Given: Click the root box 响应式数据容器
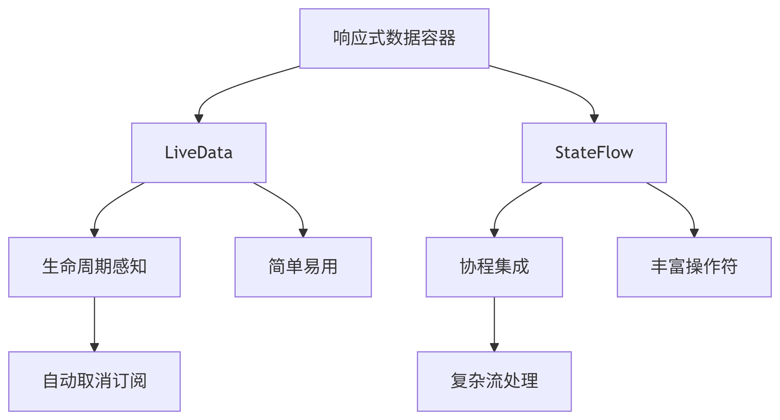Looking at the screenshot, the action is click(x=394, y=38).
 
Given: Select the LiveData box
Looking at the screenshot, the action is click(x=199, y=153).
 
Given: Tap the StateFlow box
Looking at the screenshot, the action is click(x=594, y=153).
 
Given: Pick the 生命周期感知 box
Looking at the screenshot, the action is click(x=94, y=267).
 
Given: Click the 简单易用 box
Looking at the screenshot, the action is click(x=303, y=267).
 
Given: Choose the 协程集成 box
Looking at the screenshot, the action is click(x=494, y=267).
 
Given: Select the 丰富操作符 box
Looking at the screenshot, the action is click(x=694, y=267).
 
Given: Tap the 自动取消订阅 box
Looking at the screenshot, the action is click(x=94, y=382).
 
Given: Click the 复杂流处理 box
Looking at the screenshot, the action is click(x=494, y=382).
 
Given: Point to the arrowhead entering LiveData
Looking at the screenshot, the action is click(x=199, y=119).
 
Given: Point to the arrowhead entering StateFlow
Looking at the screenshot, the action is click(x=594, y=119).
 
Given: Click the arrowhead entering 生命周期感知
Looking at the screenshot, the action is click(x=94, y=233).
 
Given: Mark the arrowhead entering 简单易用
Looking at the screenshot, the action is click(x=303, y=233).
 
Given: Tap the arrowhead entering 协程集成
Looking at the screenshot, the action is click(x=494, y=233).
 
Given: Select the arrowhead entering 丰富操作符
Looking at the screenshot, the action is click(x=694, y=233).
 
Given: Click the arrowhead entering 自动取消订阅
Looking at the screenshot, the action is click(x=94, y=347).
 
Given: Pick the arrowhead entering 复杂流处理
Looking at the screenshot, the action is click(x=494, y=347).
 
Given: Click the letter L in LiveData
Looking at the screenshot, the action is click(x=169, y=152).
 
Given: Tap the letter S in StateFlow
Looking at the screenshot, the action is click(x=560, y=152).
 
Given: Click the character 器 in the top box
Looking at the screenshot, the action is click(x=447, y=38).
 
